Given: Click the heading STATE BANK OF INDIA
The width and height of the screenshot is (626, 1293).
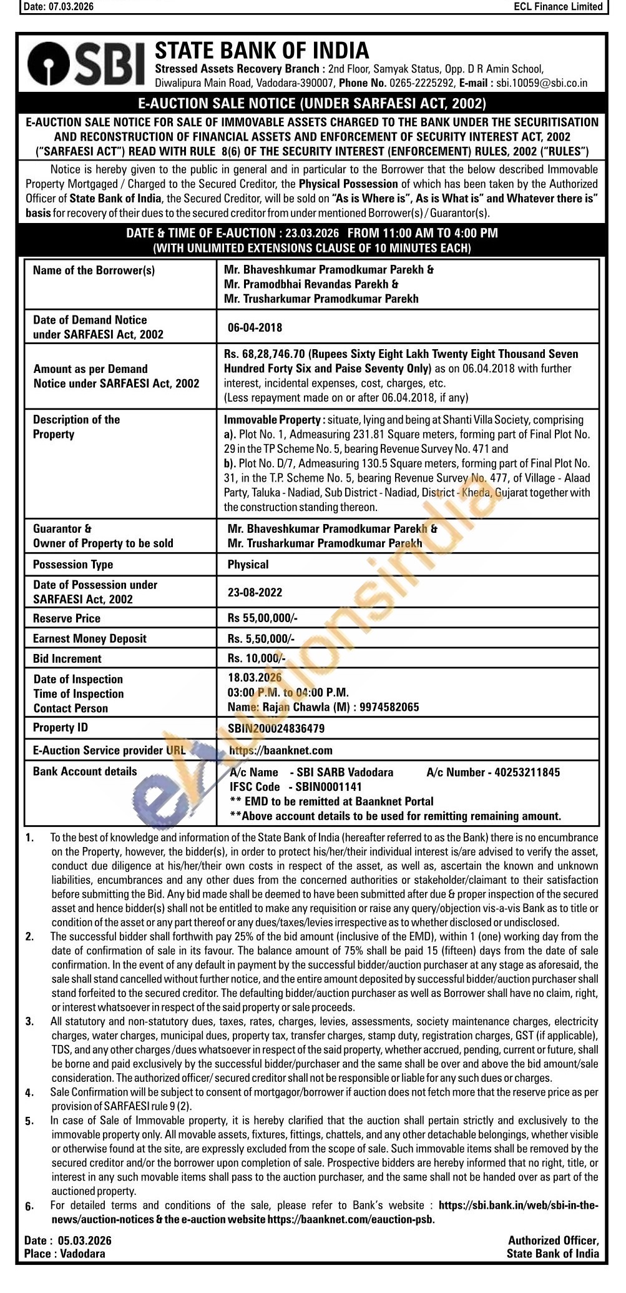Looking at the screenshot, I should point(262,50).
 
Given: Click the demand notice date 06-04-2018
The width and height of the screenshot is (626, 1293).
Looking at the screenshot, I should point(255,327).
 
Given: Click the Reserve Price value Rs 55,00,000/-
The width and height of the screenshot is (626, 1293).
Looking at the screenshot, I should point(262,618).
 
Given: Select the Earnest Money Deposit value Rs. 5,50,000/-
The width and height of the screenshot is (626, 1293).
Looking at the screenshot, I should point(260,638).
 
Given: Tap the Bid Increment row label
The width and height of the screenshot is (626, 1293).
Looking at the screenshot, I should point(67,658).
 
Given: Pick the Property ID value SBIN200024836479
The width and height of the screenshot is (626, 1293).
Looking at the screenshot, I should point(276,728).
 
